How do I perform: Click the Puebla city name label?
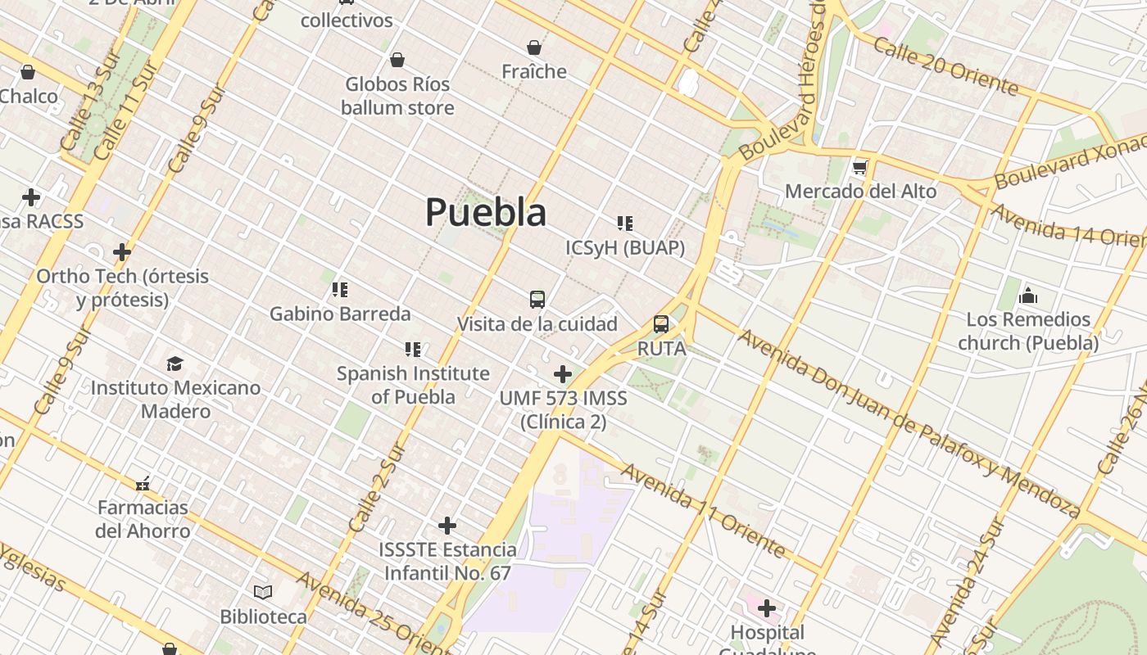coord(486,213)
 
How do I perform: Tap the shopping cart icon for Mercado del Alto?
coord(859,168)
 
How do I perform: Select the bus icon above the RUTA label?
coord(661,324)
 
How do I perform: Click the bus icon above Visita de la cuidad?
coord(537,300)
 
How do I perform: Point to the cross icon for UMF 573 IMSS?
coord(563,374)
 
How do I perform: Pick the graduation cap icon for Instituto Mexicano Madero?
coord(175,364)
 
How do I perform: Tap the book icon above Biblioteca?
coord(263,592)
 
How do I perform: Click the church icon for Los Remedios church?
coord(1028,296)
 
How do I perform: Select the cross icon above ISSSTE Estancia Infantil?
coord(447,525)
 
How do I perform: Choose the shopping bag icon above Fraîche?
coord(534,47)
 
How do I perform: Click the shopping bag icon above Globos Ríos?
coord(397,60)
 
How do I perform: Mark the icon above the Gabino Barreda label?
coord(340,289)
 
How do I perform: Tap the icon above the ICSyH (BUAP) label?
coord(625,224)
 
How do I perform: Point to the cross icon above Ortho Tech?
coord(122,252)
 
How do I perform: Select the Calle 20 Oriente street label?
coord(945,65)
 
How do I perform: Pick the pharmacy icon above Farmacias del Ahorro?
coord(143,484)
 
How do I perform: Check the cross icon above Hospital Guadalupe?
coord(767,608)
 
